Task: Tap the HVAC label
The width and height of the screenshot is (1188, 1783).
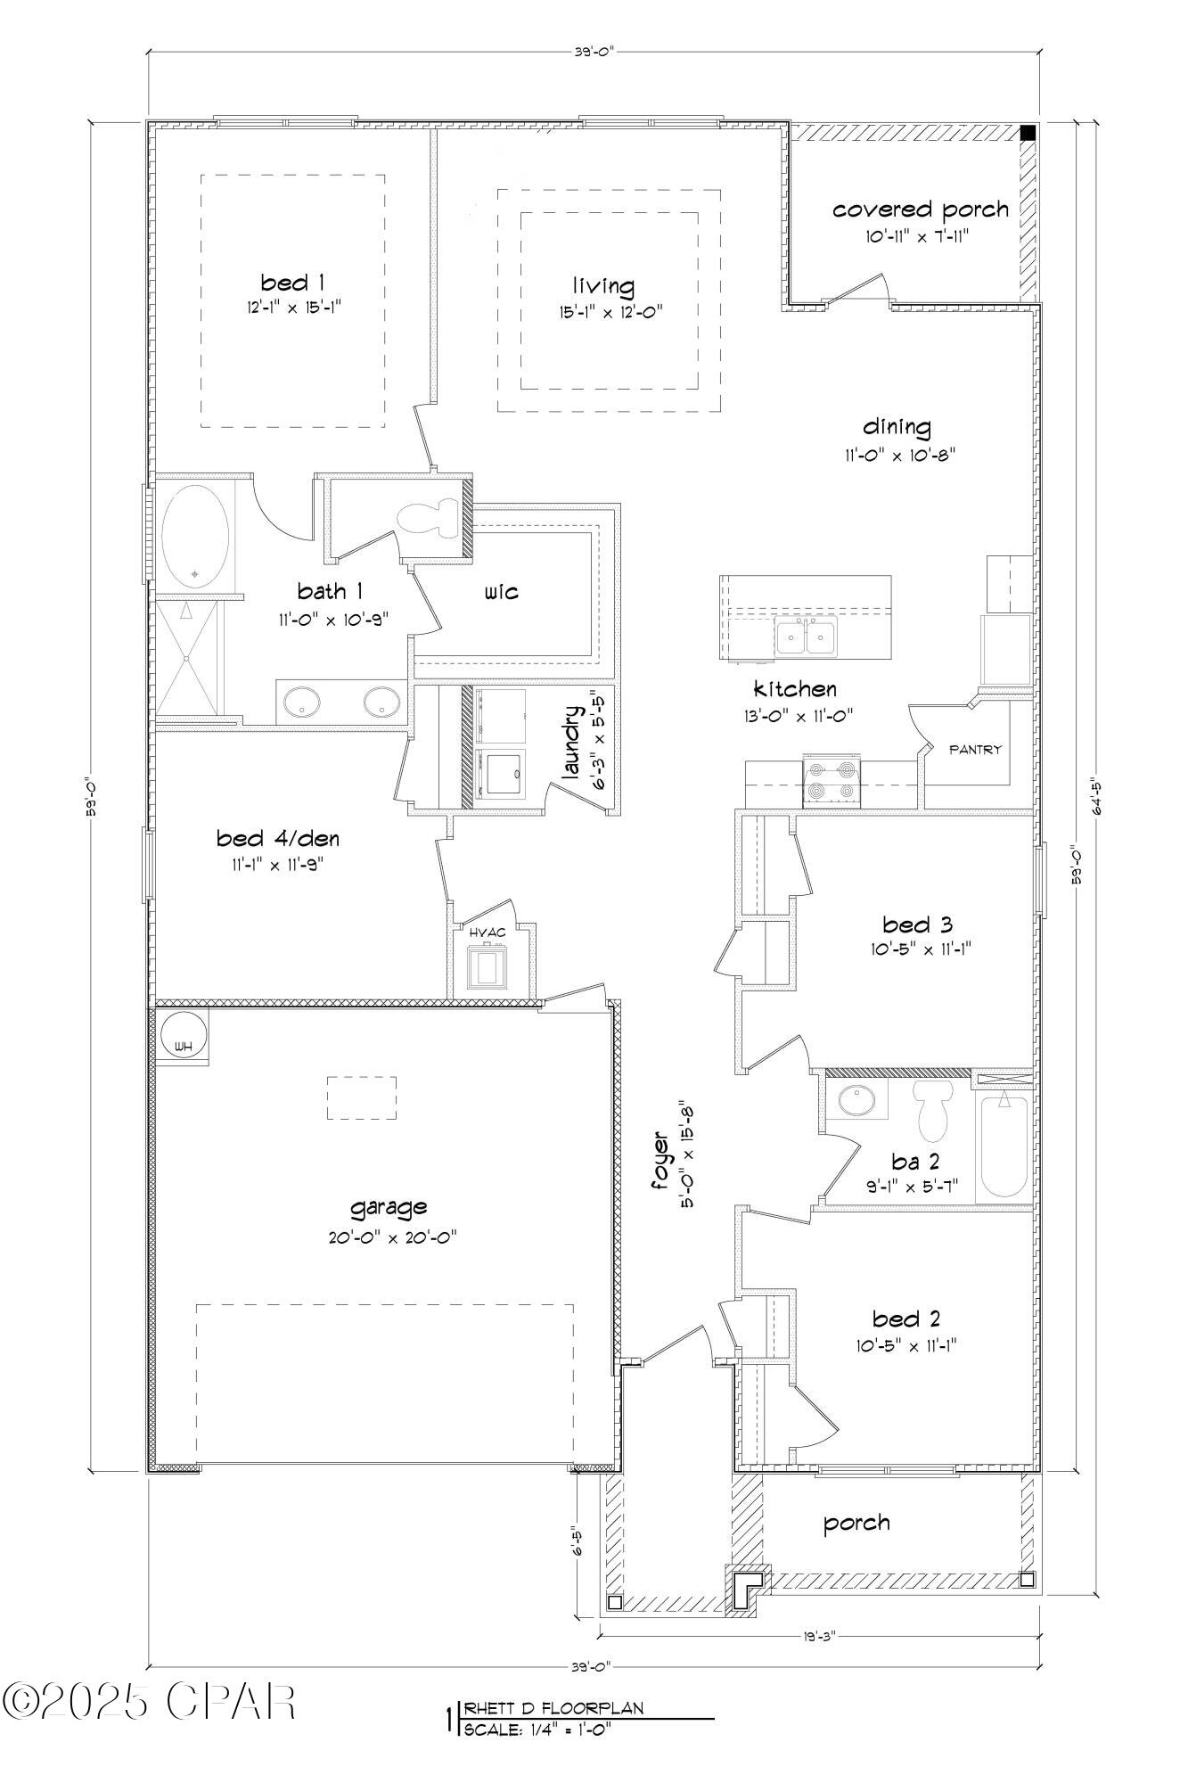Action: [487, 933]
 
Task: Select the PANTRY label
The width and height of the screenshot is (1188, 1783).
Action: [975, 750]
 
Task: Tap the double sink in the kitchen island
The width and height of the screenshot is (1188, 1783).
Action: [805, 637]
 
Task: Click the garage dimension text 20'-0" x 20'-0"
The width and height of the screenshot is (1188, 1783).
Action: [389, 1237]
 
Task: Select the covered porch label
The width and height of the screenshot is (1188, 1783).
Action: [921, 210]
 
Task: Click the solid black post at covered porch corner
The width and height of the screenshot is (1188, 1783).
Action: [1028, 133]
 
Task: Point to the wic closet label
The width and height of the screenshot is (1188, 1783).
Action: [501, 592]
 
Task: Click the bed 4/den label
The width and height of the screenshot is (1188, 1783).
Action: [278, 839]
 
